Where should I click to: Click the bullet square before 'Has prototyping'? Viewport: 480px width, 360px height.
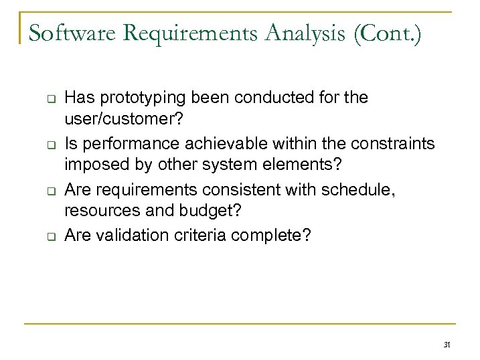[x=50, y=98]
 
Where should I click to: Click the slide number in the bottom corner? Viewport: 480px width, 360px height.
[x=447, y=345]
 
